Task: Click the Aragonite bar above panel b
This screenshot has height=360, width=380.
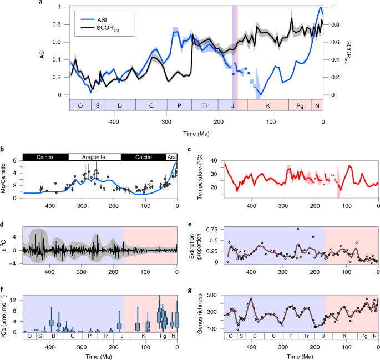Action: pyautogui.click(x=94, y=158)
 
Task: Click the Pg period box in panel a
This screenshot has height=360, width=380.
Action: pyautogui.click(x=300, y=105)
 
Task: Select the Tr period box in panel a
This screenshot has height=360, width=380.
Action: pyautogui.click(x=205, y=105)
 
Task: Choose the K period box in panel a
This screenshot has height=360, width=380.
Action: pyautogui.click(x=268, y=105)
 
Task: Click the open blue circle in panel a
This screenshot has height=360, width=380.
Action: pyautogui.click(x=255, y=86)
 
